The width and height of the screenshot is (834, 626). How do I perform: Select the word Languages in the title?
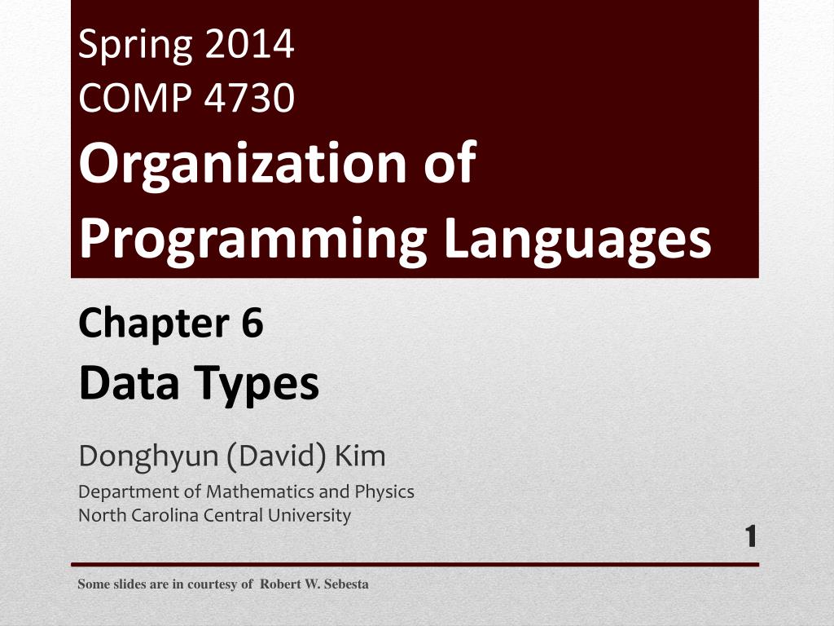[x=577, y=238]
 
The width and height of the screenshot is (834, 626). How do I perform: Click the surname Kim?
[x=358, y=456]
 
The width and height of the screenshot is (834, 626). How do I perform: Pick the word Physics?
[x=384, y=492]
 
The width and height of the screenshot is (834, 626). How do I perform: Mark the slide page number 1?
[x=751, y=537]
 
